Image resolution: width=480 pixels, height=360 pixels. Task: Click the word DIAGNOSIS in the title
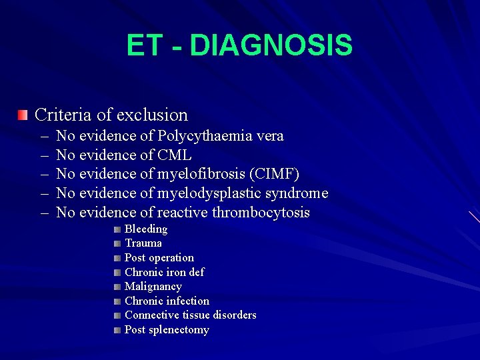271,46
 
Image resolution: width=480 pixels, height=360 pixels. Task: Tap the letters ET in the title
144,46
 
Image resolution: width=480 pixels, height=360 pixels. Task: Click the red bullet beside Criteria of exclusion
23,116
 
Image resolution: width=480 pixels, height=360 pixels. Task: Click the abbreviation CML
174,155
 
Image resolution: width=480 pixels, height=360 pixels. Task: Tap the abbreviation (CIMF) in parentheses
274,175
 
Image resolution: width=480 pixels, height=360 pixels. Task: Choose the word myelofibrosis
201,175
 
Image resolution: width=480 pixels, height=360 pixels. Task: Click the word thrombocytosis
261,213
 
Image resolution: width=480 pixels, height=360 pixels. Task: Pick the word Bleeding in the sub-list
146,229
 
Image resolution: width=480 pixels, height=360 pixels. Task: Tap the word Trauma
143,243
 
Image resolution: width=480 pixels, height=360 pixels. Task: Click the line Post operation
159,258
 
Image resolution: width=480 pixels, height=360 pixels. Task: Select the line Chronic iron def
165,272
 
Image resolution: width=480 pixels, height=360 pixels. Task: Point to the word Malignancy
153,287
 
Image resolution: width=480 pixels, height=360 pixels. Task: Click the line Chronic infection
167,301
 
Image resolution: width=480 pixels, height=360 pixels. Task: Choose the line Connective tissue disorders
191,315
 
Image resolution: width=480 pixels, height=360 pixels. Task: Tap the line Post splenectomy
167,330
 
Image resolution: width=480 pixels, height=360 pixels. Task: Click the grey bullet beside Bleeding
117,229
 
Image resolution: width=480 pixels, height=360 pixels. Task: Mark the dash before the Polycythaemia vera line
44,137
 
